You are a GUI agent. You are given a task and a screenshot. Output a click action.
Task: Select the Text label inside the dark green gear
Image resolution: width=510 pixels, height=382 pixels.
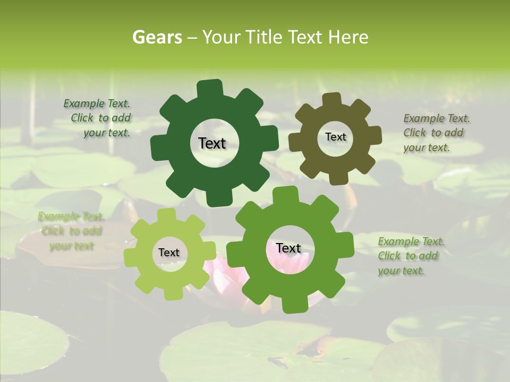[x=212, y=143]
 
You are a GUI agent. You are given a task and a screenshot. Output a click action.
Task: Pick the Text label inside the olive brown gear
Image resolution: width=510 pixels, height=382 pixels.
[x=335, y=137]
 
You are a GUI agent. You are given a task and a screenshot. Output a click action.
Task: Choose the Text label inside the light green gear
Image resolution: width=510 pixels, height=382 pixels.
[x=169, y=253]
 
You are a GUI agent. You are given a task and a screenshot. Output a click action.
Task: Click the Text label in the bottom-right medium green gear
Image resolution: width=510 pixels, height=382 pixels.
[x=288, y=248]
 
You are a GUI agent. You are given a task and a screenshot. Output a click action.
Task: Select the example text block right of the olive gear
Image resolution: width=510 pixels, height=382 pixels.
[x=435, y=133]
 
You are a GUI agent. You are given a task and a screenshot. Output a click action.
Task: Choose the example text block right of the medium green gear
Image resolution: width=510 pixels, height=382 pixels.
[x=410, y=256]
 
